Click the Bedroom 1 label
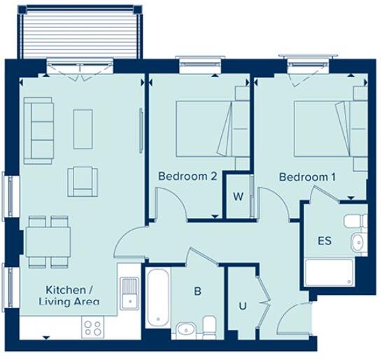[306, 177]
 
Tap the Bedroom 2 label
[187, 176]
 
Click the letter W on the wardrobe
[238, 196]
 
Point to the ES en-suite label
[325, 241]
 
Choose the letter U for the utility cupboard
[243, 305]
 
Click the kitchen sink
[129, 293]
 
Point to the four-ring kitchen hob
[94, 326]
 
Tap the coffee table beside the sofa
[83, 128]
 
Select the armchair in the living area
[82, 181]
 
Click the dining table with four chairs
[48, 241]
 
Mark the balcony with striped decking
[81, 35]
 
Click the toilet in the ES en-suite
[355, 221]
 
